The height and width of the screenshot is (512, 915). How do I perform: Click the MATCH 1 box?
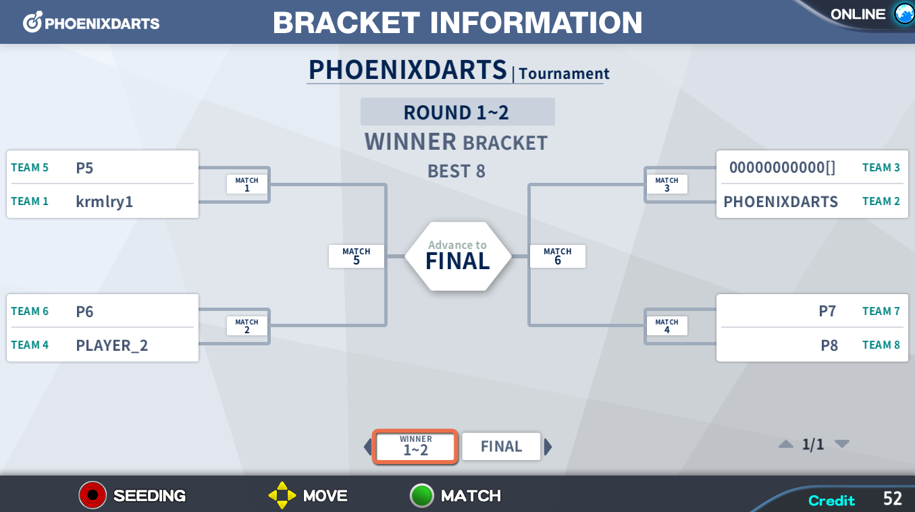click(246, 184)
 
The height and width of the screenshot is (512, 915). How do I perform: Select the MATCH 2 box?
click(246, 326)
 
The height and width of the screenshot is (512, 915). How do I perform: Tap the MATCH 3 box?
click(666, 184)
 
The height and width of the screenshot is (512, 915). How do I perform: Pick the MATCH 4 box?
click(666, 326)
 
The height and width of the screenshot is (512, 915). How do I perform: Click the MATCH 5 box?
click(356, 256)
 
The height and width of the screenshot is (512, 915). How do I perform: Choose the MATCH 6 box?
click(558, 256)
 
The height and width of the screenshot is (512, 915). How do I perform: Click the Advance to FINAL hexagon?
click(458, 256)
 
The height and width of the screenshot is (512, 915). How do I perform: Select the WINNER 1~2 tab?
click(415, 447)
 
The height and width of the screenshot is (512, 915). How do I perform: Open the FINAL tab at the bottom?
click(501, 447)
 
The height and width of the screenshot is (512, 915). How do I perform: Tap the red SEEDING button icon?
click(93, 495)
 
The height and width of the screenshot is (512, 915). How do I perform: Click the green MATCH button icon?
click(421, 495)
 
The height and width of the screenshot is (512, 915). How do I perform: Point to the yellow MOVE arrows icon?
click(282, 495)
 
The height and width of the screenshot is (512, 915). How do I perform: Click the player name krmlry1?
click(105, 202)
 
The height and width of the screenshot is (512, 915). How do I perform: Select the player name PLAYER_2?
click(112, 345)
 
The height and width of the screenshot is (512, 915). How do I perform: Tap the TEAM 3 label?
click(881, 167)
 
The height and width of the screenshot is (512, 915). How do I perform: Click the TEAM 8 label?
click(881, 345)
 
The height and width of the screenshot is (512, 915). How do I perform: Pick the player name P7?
click(828, 311)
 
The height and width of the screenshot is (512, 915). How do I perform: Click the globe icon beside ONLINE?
click(904, 13)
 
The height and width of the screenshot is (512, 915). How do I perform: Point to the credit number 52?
click(893, 499)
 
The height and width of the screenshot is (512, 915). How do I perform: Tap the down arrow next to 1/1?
click(842, 444)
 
